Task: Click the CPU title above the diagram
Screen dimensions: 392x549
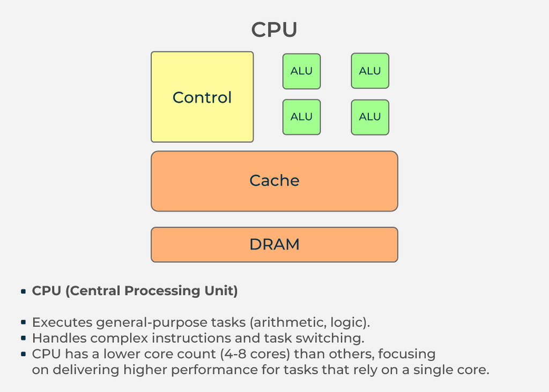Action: [274, 30]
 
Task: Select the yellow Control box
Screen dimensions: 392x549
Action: [202, 97]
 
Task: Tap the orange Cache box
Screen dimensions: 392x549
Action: [274, 180]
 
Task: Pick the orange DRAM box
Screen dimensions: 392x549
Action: [274, 245]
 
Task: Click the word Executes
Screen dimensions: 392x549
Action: [62, 322]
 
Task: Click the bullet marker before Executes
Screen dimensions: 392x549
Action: [24, 323]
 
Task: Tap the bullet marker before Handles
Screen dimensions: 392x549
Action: [24, 338]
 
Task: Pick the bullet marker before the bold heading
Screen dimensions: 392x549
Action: [24, 291]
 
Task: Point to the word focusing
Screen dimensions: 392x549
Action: [408, 354]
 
